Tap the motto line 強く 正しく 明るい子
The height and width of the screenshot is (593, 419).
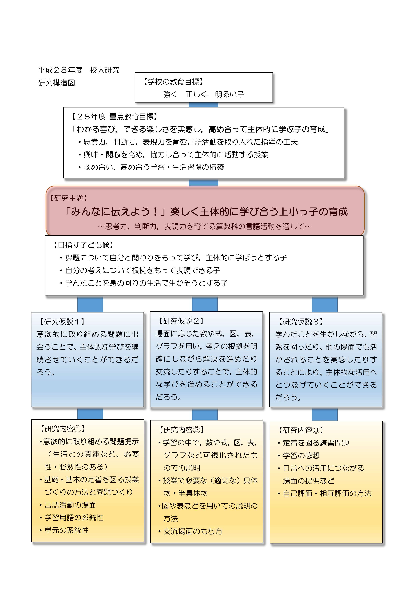tap(204, 94)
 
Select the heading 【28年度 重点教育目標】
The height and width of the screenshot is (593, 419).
tap(114, 117)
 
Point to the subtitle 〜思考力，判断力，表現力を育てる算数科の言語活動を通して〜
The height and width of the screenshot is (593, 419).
tap(205, 227)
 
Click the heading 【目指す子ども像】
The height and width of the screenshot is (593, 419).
tap(83, 245)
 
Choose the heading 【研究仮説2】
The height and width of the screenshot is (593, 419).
tap(181, 321)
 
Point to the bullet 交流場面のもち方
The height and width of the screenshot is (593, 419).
tap(190, 531)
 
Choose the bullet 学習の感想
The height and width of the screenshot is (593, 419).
tap(299, 456)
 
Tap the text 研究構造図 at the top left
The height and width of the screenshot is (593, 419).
tap(57, 83)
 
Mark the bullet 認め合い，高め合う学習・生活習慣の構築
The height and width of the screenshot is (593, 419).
tap(151, 167)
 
